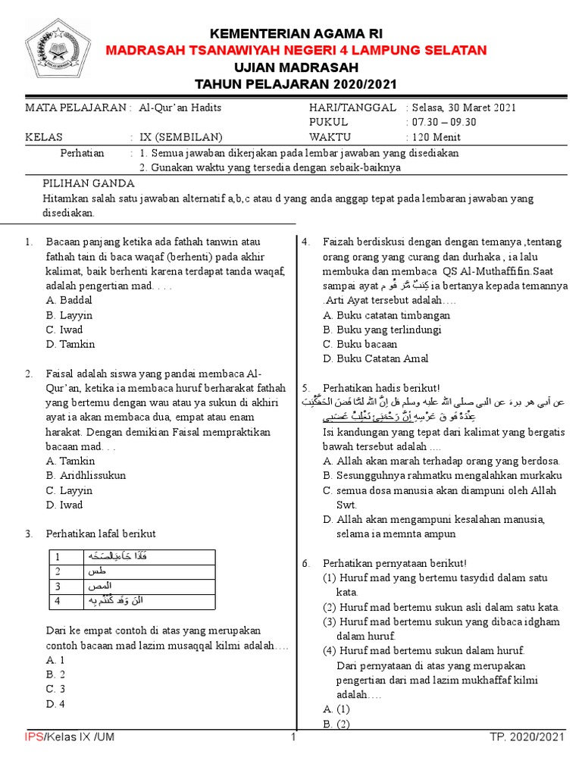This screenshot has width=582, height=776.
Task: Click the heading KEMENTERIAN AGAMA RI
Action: [296, 34]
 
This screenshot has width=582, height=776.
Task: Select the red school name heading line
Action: [296, 50]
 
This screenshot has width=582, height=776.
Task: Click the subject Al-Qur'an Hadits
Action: [180, 108]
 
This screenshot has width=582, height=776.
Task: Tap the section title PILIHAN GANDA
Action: [89, 183]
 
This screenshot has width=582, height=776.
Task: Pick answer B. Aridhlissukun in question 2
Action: [86, 475]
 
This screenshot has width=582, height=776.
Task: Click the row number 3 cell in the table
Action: [57, 587]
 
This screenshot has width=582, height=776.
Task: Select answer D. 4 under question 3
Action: [55, 703]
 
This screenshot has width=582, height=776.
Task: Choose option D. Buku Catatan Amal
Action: [375, 358]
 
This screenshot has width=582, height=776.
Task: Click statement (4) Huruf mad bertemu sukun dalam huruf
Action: [423, 650]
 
